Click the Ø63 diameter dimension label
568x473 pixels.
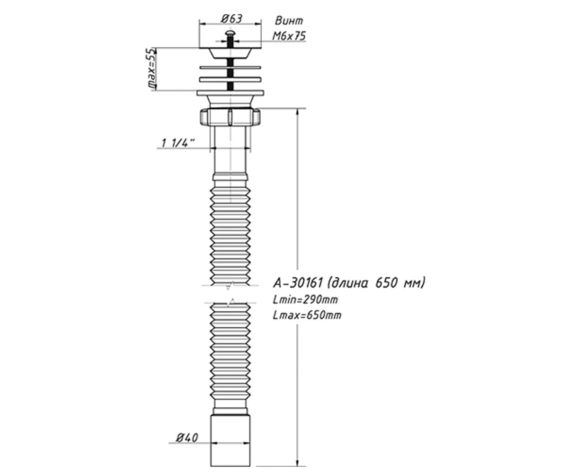[x=231, y=19]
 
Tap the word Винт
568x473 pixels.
[x=289, y=21]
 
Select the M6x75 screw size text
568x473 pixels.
[x=289, y=36]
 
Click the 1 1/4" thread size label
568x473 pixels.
[x=178, y=143]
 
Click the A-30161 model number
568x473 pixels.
[x=298, y=283]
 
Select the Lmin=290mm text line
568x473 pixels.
[x=305, y=300]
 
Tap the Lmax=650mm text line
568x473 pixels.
[x=307, y=315]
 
